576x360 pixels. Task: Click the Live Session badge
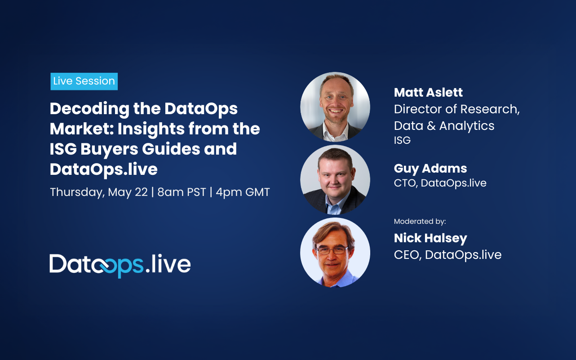pos(84,81)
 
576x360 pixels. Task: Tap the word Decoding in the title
pos(89,109)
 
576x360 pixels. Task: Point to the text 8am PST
pos(182,192)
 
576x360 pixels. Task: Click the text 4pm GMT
pos(243,192)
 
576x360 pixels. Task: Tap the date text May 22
pos(128,192)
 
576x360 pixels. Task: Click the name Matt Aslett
pos(428,92)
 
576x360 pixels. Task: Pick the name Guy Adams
pos(430,169)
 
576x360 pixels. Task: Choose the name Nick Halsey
pos(430,238)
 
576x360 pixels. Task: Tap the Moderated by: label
pos(420,222)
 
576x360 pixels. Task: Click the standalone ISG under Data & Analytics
pos(402,140)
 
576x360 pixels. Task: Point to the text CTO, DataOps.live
pos(440,183)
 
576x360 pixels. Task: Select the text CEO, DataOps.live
pos(448,255)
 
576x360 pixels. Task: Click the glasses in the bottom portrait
pos(332,250)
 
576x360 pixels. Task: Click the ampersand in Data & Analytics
pos(431,126)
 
